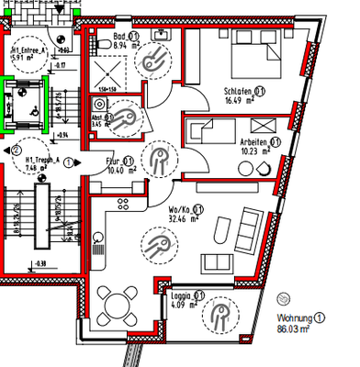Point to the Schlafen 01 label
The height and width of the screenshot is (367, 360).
244,92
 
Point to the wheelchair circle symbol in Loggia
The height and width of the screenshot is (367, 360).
220,317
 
